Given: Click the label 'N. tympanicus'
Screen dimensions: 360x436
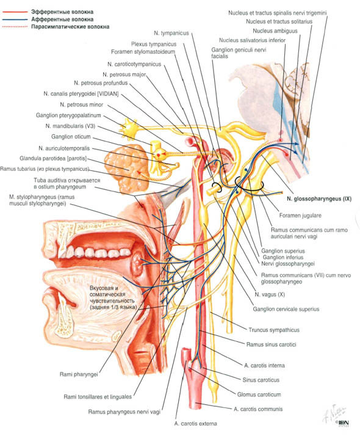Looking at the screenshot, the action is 171,33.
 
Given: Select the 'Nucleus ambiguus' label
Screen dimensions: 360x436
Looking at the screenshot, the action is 275,31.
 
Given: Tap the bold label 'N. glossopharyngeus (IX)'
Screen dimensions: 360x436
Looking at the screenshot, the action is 319,199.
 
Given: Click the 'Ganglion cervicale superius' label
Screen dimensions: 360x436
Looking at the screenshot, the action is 286,309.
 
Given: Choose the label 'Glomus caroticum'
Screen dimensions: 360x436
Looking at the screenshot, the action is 259,394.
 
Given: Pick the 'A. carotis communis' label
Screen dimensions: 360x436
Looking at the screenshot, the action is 258,409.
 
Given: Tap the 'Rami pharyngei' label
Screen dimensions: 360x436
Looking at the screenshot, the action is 79,374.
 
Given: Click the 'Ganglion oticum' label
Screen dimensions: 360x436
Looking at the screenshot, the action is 71,137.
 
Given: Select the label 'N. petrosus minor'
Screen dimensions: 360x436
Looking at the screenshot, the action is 81,104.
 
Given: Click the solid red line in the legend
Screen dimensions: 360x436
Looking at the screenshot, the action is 15,12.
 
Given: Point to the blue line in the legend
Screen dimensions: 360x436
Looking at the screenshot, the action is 15,20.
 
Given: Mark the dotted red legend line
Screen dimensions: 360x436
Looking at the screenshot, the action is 15,27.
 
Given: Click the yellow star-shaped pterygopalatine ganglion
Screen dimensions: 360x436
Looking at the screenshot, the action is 129,128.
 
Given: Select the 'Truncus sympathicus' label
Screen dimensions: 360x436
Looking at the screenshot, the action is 274,330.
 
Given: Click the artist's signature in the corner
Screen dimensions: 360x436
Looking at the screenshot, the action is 334,414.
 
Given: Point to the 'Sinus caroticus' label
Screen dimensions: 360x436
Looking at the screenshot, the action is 261,380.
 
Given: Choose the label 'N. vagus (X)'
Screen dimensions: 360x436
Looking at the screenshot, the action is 270,294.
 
